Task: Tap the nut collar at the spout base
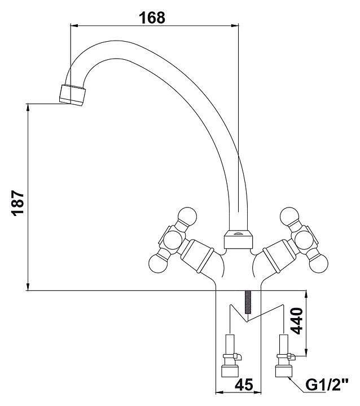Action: [238, 240]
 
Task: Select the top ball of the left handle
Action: [187, 217]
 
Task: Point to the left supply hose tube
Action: [230, 343]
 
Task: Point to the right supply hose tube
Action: [282, 343]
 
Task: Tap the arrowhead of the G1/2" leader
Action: [291, 377]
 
